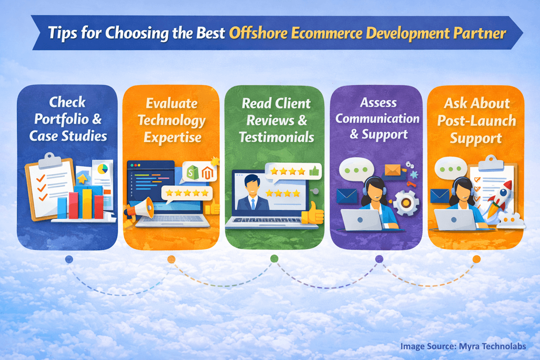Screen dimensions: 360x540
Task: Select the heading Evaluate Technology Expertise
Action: click(x=171, y=120)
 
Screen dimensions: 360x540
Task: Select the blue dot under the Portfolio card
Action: click(x=68, y=259)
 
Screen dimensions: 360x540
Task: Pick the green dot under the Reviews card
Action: click(x=274, y=258)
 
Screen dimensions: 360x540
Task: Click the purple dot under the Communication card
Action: click(x=379, y=259)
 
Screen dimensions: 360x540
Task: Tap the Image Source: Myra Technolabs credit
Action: click(x=463, y=346)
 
